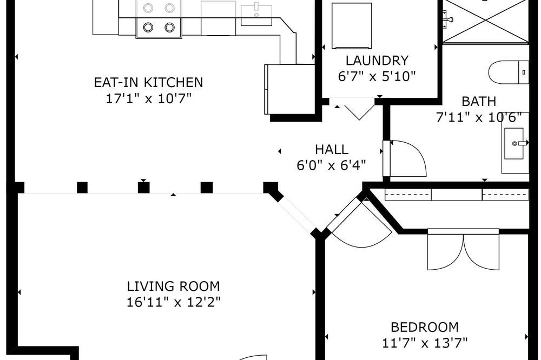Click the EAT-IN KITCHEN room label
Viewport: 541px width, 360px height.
(148, 82)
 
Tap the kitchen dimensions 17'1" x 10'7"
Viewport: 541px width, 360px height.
(148, 99)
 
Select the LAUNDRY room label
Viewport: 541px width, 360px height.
(377, 61)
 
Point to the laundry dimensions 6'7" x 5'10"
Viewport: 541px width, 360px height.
(377, 76)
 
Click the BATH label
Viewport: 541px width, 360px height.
(479, 102)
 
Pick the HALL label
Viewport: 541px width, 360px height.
(332, 149)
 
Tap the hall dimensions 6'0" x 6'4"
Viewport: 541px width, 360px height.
(331, 165)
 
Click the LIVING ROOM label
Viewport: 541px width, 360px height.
(173, 286)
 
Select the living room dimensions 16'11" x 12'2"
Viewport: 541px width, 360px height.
(173, 302)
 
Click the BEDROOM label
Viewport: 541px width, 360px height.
(425, 326)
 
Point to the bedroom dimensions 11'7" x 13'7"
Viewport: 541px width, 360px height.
(425, 343)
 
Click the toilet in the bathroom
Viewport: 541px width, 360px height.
(509, 72)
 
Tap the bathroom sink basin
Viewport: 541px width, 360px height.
(514, 143)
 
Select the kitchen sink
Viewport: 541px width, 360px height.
(256, 15)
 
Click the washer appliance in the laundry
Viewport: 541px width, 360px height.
(352, 26)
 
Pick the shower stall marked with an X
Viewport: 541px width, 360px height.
(485, 22)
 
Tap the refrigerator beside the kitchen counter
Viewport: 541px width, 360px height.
(290, 89)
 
